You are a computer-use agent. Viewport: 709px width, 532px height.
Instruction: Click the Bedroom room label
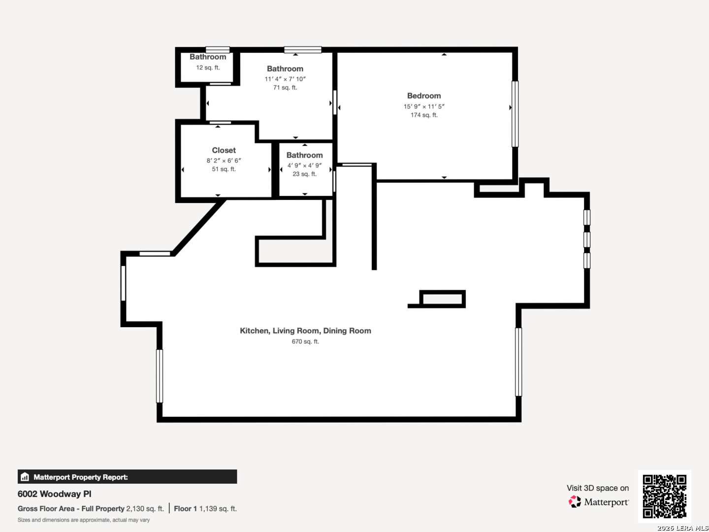pos(424,96)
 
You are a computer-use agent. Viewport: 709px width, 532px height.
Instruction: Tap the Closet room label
pos(224,150)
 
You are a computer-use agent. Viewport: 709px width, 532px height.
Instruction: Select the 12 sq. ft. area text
pos(208,67)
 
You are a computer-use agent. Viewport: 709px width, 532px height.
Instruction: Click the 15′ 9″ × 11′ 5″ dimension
pos(424,106)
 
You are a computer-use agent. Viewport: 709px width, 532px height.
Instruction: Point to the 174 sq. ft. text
pos(424,115)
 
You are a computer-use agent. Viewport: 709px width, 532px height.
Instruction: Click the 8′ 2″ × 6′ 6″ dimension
pos(224,161)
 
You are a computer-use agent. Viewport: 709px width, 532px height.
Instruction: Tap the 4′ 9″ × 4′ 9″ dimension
pos(304,166)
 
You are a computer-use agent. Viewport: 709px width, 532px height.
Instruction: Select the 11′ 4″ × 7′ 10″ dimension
pos(285,79)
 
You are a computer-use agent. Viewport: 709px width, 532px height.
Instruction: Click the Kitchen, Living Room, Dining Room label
pos(305,331)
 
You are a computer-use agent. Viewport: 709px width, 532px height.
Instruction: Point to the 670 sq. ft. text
pos(305,341)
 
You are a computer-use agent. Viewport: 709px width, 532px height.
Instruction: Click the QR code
pos(664,496)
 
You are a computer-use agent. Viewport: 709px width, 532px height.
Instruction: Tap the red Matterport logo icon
pos(575,501)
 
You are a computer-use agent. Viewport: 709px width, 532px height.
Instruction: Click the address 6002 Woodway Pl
pos(54,494)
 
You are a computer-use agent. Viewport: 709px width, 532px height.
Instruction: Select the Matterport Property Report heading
pos(81,477)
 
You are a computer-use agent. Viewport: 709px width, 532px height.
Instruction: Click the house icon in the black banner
pos(25,477)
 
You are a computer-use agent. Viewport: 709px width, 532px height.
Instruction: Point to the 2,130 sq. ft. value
pos(145,509)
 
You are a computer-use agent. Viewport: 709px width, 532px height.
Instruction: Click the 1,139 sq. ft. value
pos(218,509)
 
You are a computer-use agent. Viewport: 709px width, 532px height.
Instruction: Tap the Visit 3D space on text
pos(598,488)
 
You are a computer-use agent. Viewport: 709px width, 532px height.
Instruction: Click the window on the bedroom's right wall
pos(515,114)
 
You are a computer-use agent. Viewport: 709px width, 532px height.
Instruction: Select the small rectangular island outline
pos(442,299)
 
